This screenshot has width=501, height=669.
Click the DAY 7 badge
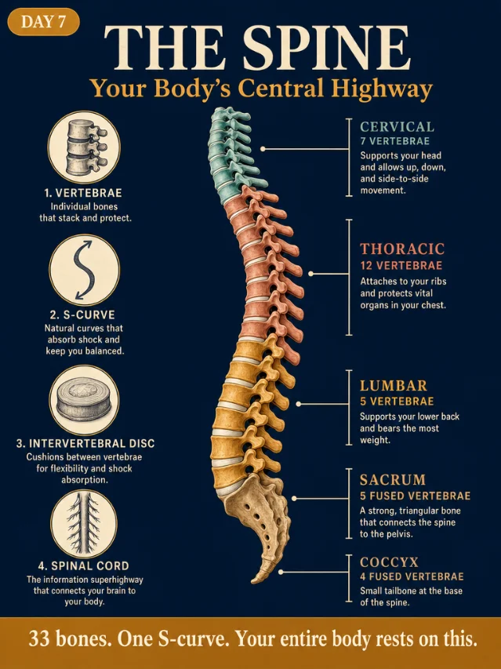coord(43,21)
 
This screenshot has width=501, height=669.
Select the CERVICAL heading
coord(397,127)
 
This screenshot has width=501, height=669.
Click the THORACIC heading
coord(402,249)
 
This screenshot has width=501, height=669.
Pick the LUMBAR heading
coord(393,386)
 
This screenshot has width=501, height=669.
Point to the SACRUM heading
coord(393,479)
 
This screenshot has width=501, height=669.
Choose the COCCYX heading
coord(389,562)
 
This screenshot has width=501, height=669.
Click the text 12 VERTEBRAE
coord(401,265)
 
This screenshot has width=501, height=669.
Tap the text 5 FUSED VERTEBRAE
coord(415,496)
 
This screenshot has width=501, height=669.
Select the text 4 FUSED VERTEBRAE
coord(412,576)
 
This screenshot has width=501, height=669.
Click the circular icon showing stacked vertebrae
coord(84,147)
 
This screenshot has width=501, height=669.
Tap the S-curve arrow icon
coord(84,270)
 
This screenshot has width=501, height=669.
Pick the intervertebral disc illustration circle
coord(84,400)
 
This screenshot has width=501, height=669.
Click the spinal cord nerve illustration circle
coord(84,523)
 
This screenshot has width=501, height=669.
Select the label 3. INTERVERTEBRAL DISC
coord(85,444)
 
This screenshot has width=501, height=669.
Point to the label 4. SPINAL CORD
coord(84,566)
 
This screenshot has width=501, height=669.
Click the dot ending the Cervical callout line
coord(263,149)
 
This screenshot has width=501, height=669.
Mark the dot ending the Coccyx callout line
coord(281,572)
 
